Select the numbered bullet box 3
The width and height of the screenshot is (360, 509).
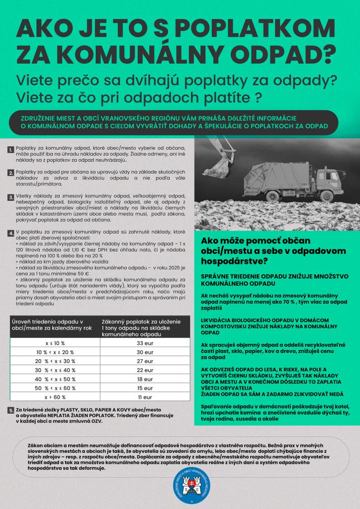10,197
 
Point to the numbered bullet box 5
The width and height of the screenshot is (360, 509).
10,410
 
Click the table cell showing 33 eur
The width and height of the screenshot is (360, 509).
144,343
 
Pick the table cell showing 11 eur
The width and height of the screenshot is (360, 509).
144,397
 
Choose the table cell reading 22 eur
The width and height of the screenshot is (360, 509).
144,370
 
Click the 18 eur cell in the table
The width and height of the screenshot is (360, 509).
144,379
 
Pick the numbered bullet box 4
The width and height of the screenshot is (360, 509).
10,233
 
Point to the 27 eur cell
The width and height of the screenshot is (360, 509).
144,361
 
